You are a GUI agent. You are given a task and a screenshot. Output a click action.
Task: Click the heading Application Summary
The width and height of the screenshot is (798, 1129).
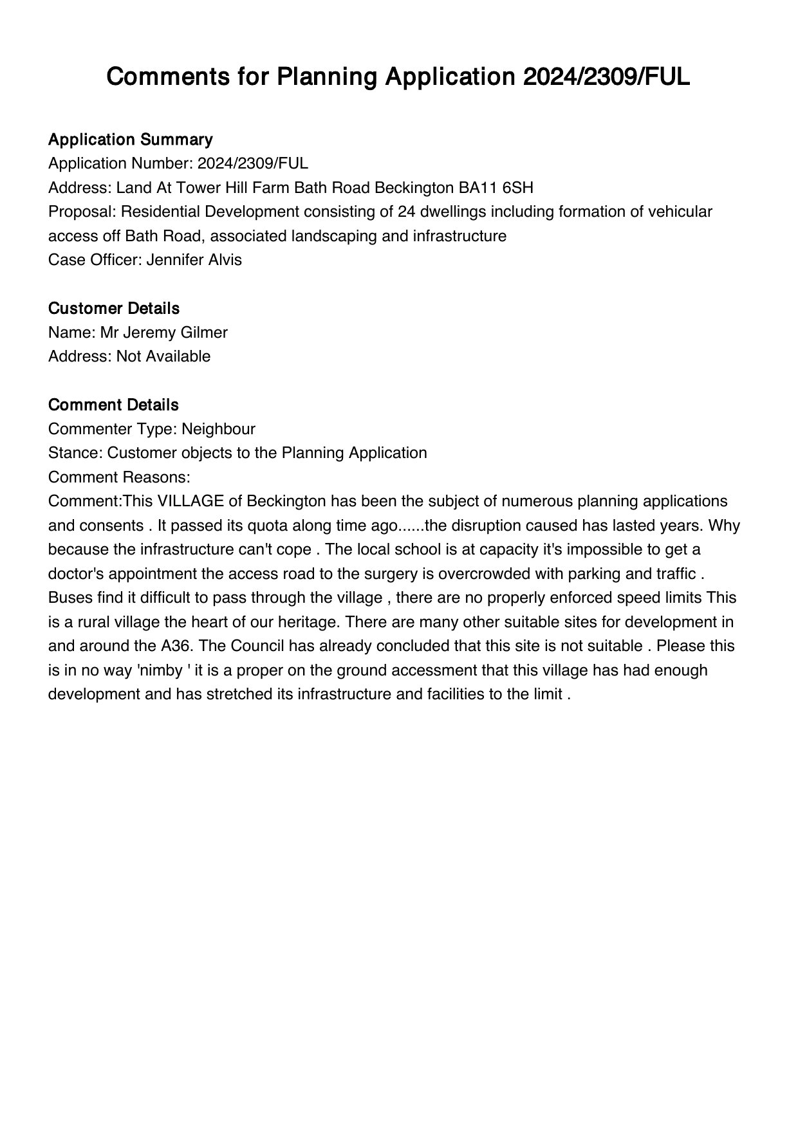130,140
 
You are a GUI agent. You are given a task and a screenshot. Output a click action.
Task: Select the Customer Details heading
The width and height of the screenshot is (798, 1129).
113,309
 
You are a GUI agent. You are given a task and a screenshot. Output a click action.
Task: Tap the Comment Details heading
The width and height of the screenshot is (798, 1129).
113,405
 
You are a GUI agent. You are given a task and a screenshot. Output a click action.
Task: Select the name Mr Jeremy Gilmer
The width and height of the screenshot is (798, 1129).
163,333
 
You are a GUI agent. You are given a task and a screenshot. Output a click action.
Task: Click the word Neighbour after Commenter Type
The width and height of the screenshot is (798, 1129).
218,429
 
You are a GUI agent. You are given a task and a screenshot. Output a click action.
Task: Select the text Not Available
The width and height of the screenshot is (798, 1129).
163,356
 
